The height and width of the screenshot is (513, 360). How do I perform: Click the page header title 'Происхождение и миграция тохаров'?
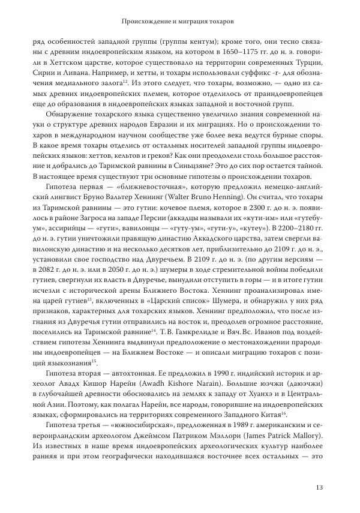177,21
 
